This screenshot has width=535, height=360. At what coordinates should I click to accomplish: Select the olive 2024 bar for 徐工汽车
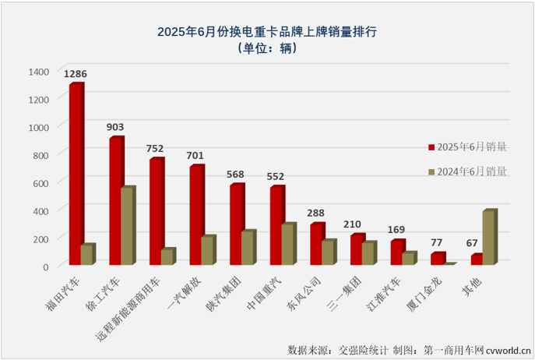(x=127, y=227)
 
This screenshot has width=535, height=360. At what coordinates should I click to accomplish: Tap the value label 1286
(x=76, y=74)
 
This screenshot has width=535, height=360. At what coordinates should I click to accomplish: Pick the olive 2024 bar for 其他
(x=488, y=238)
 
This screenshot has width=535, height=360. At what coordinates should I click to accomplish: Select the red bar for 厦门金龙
(x=436, y=259)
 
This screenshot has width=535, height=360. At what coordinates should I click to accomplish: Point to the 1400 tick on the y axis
(x=37, y=71)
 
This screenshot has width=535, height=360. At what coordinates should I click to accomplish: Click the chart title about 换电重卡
(x=266, y=32)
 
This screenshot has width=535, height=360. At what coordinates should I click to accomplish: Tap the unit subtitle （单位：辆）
(x=266, y=49)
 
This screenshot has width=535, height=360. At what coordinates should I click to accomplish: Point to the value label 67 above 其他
(x=475, y=244)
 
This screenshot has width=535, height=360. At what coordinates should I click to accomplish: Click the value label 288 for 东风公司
(x=316, y=213)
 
